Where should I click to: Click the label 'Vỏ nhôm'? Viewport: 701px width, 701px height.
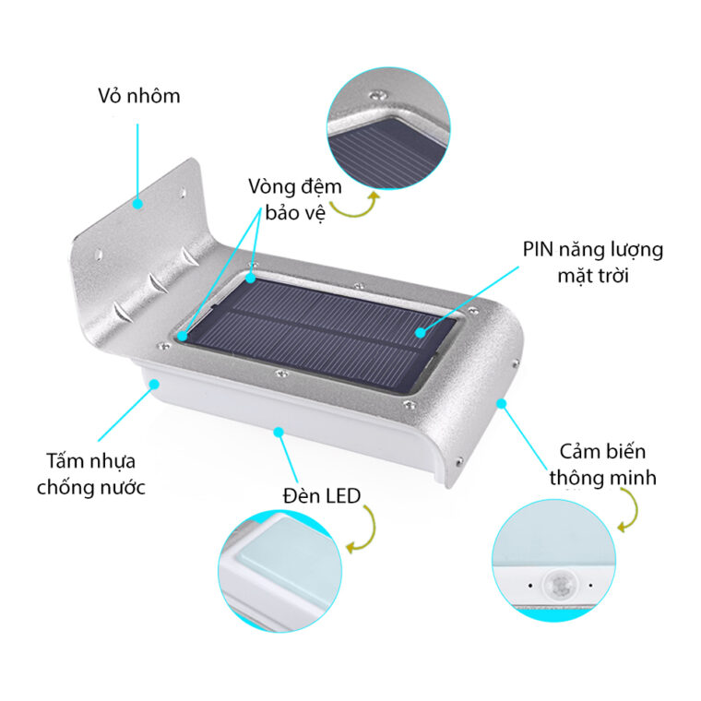click(x=139, y=96)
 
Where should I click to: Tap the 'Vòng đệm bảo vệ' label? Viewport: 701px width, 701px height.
click(x=294, y=199)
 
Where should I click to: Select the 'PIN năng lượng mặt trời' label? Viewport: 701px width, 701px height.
click(x=593, y=261)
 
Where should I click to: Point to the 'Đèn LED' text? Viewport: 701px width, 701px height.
click(x=322, y=498)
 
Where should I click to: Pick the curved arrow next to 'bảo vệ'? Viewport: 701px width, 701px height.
click(x=355, y=208)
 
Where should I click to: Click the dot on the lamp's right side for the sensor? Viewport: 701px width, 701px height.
click(x=502, y=404)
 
